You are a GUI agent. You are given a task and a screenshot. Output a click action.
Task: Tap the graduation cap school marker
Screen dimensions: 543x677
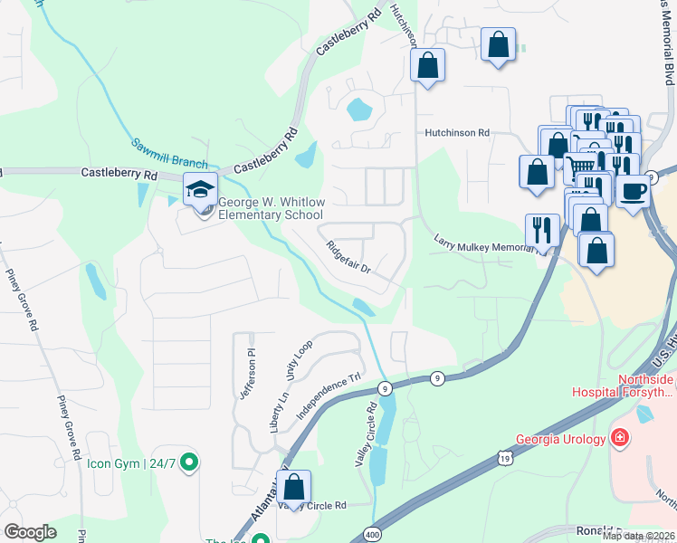197,188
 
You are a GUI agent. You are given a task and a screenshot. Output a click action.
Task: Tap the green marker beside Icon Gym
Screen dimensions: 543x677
188,464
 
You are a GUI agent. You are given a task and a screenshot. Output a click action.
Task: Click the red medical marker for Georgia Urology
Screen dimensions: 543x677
620,439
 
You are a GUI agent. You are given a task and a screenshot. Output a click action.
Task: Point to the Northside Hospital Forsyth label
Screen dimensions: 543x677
622,386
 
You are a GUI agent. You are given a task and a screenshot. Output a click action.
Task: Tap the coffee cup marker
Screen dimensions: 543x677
634,191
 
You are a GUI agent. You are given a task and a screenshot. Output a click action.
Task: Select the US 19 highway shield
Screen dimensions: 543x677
503,461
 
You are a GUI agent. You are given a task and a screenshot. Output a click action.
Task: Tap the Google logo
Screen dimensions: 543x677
30,531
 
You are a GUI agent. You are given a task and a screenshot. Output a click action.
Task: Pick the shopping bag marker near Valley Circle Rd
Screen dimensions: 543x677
294,487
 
